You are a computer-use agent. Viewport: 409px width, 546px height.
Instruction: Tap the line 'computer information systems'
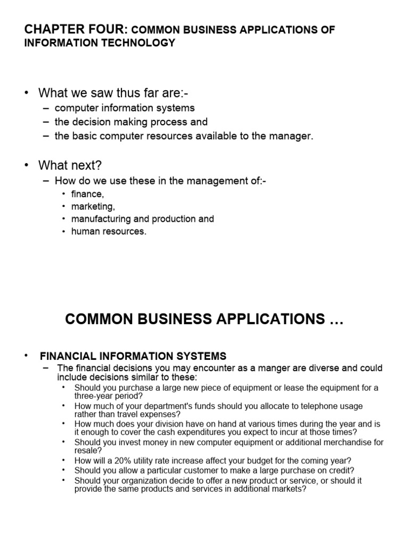(x=125, y=108)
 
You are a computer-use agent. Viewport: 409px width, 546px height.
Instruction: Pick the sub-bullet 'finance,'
(x=88, y=195)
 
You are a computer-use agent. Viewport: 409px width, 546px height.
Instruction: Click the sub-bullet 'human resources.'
(x=109, y=231)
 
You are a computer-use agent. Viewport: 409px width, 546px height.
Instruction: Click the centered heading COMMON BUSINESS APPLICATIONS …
(x=204, y=319)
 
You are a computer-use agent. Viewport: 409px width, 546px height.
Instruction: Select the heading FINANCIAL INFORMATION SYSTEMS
(x=133, y=356)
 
